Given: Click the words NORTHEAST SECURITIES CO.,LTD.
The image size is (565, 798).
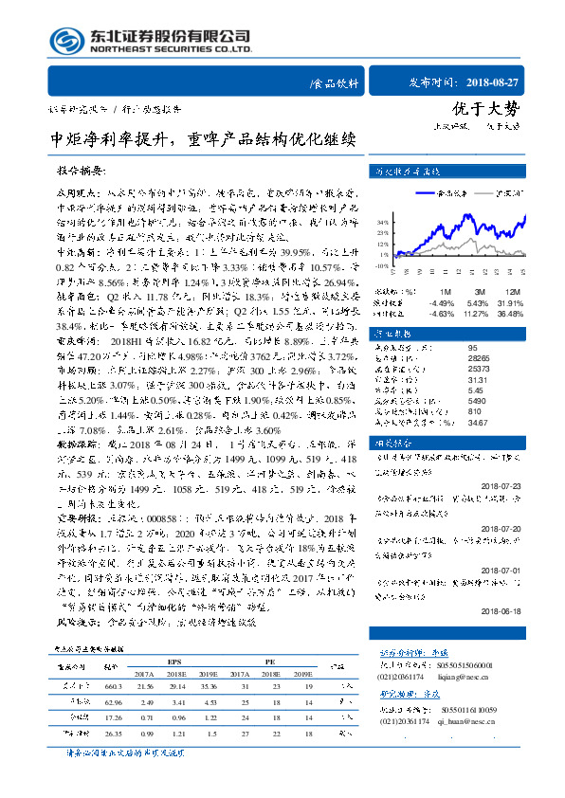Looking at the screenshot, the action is [x=171, y=49].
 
